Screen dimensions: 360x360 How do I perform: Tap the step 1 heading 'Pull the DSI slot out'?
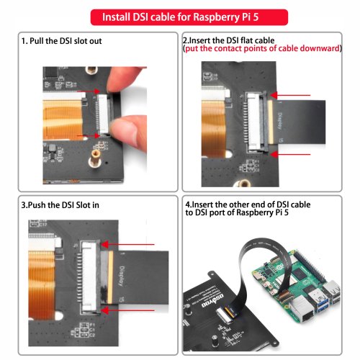(66, 41)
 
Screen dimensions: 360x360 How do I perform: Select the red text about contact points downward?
(262, 48)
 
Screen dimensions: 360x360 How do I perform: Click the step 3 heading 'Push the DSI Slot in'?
(63, 205)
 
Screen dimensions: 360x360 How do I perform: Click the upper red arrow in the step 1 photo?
(88, 91)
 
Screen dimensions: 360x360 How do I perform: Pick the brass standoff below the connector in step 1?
(95, 158)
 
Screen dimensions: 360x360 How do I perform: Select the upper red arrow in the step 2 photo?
(290, 95)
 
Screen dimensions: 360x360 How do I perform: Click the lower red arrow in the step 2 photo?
(290, 154)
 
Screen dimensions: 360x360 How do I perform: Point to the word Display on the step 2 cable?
(280, 121)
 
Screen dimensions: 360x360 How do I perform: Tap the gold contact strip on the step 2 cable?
(270, 122)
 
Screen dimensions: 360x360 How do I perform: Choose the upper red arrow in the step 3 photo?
(127, 245)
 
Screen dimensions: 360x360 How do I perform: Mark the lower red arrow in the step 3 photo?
(127, 310)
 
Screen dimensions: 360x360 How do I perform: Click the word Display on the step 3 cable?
(122, 276)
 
